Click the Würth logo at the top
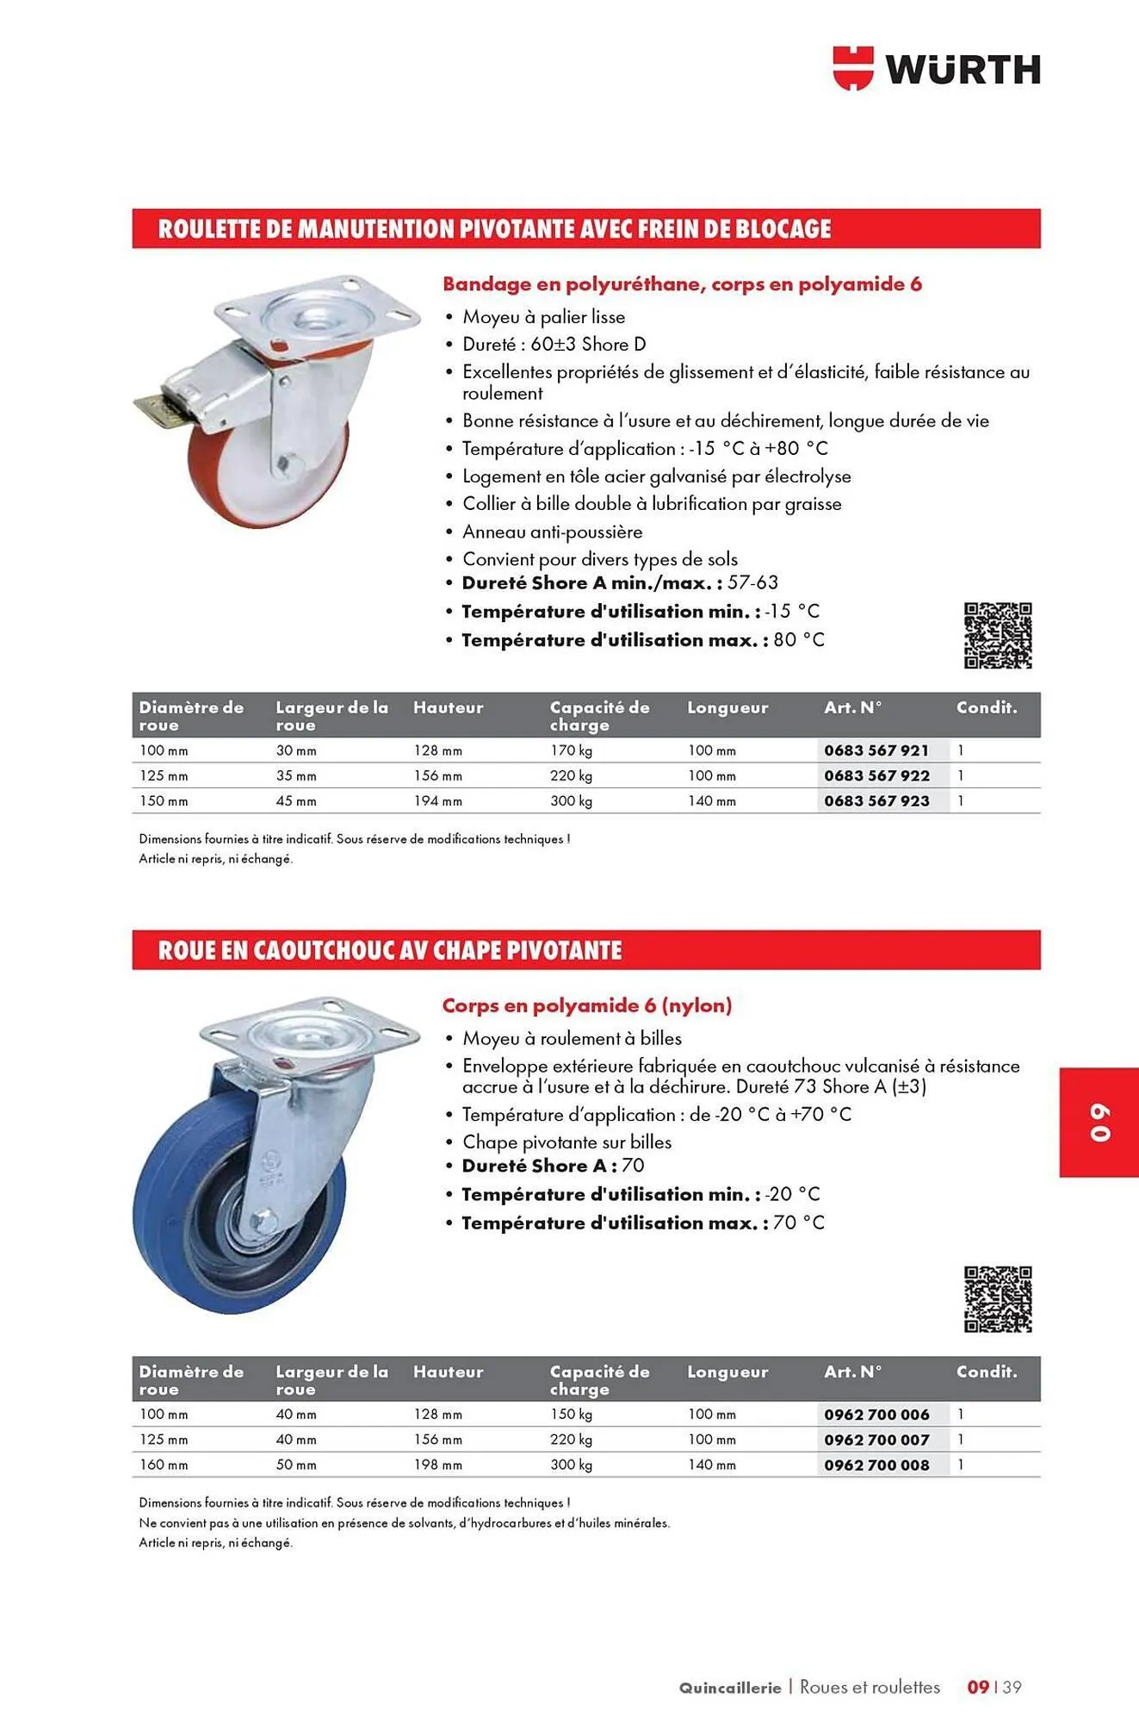point(936,68)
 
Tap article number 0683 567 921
point(876,750)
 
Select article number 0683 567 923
point(876,800)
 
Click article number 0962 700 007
point(876,1440)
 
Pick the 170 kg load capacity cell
point(572,750)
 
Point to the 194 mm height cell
point(437,800)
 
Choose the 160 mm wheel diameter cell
point(164,1465)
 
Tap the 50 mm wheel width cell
point(296,1465)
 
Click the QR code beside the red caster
point(997,636)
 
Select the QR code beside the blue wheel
point(997,1299)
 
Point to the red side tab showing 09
point(1099,1123)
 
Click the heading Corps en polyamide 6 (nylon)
point(586,1005)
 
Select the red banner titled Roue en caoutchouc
point(585,950)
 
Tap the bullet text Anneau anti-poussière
point(552,532)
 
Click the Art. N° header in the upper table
point(852,707)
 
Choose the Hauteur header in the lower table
point(448,1372)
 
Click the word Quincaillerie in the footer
point(729,1688)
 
